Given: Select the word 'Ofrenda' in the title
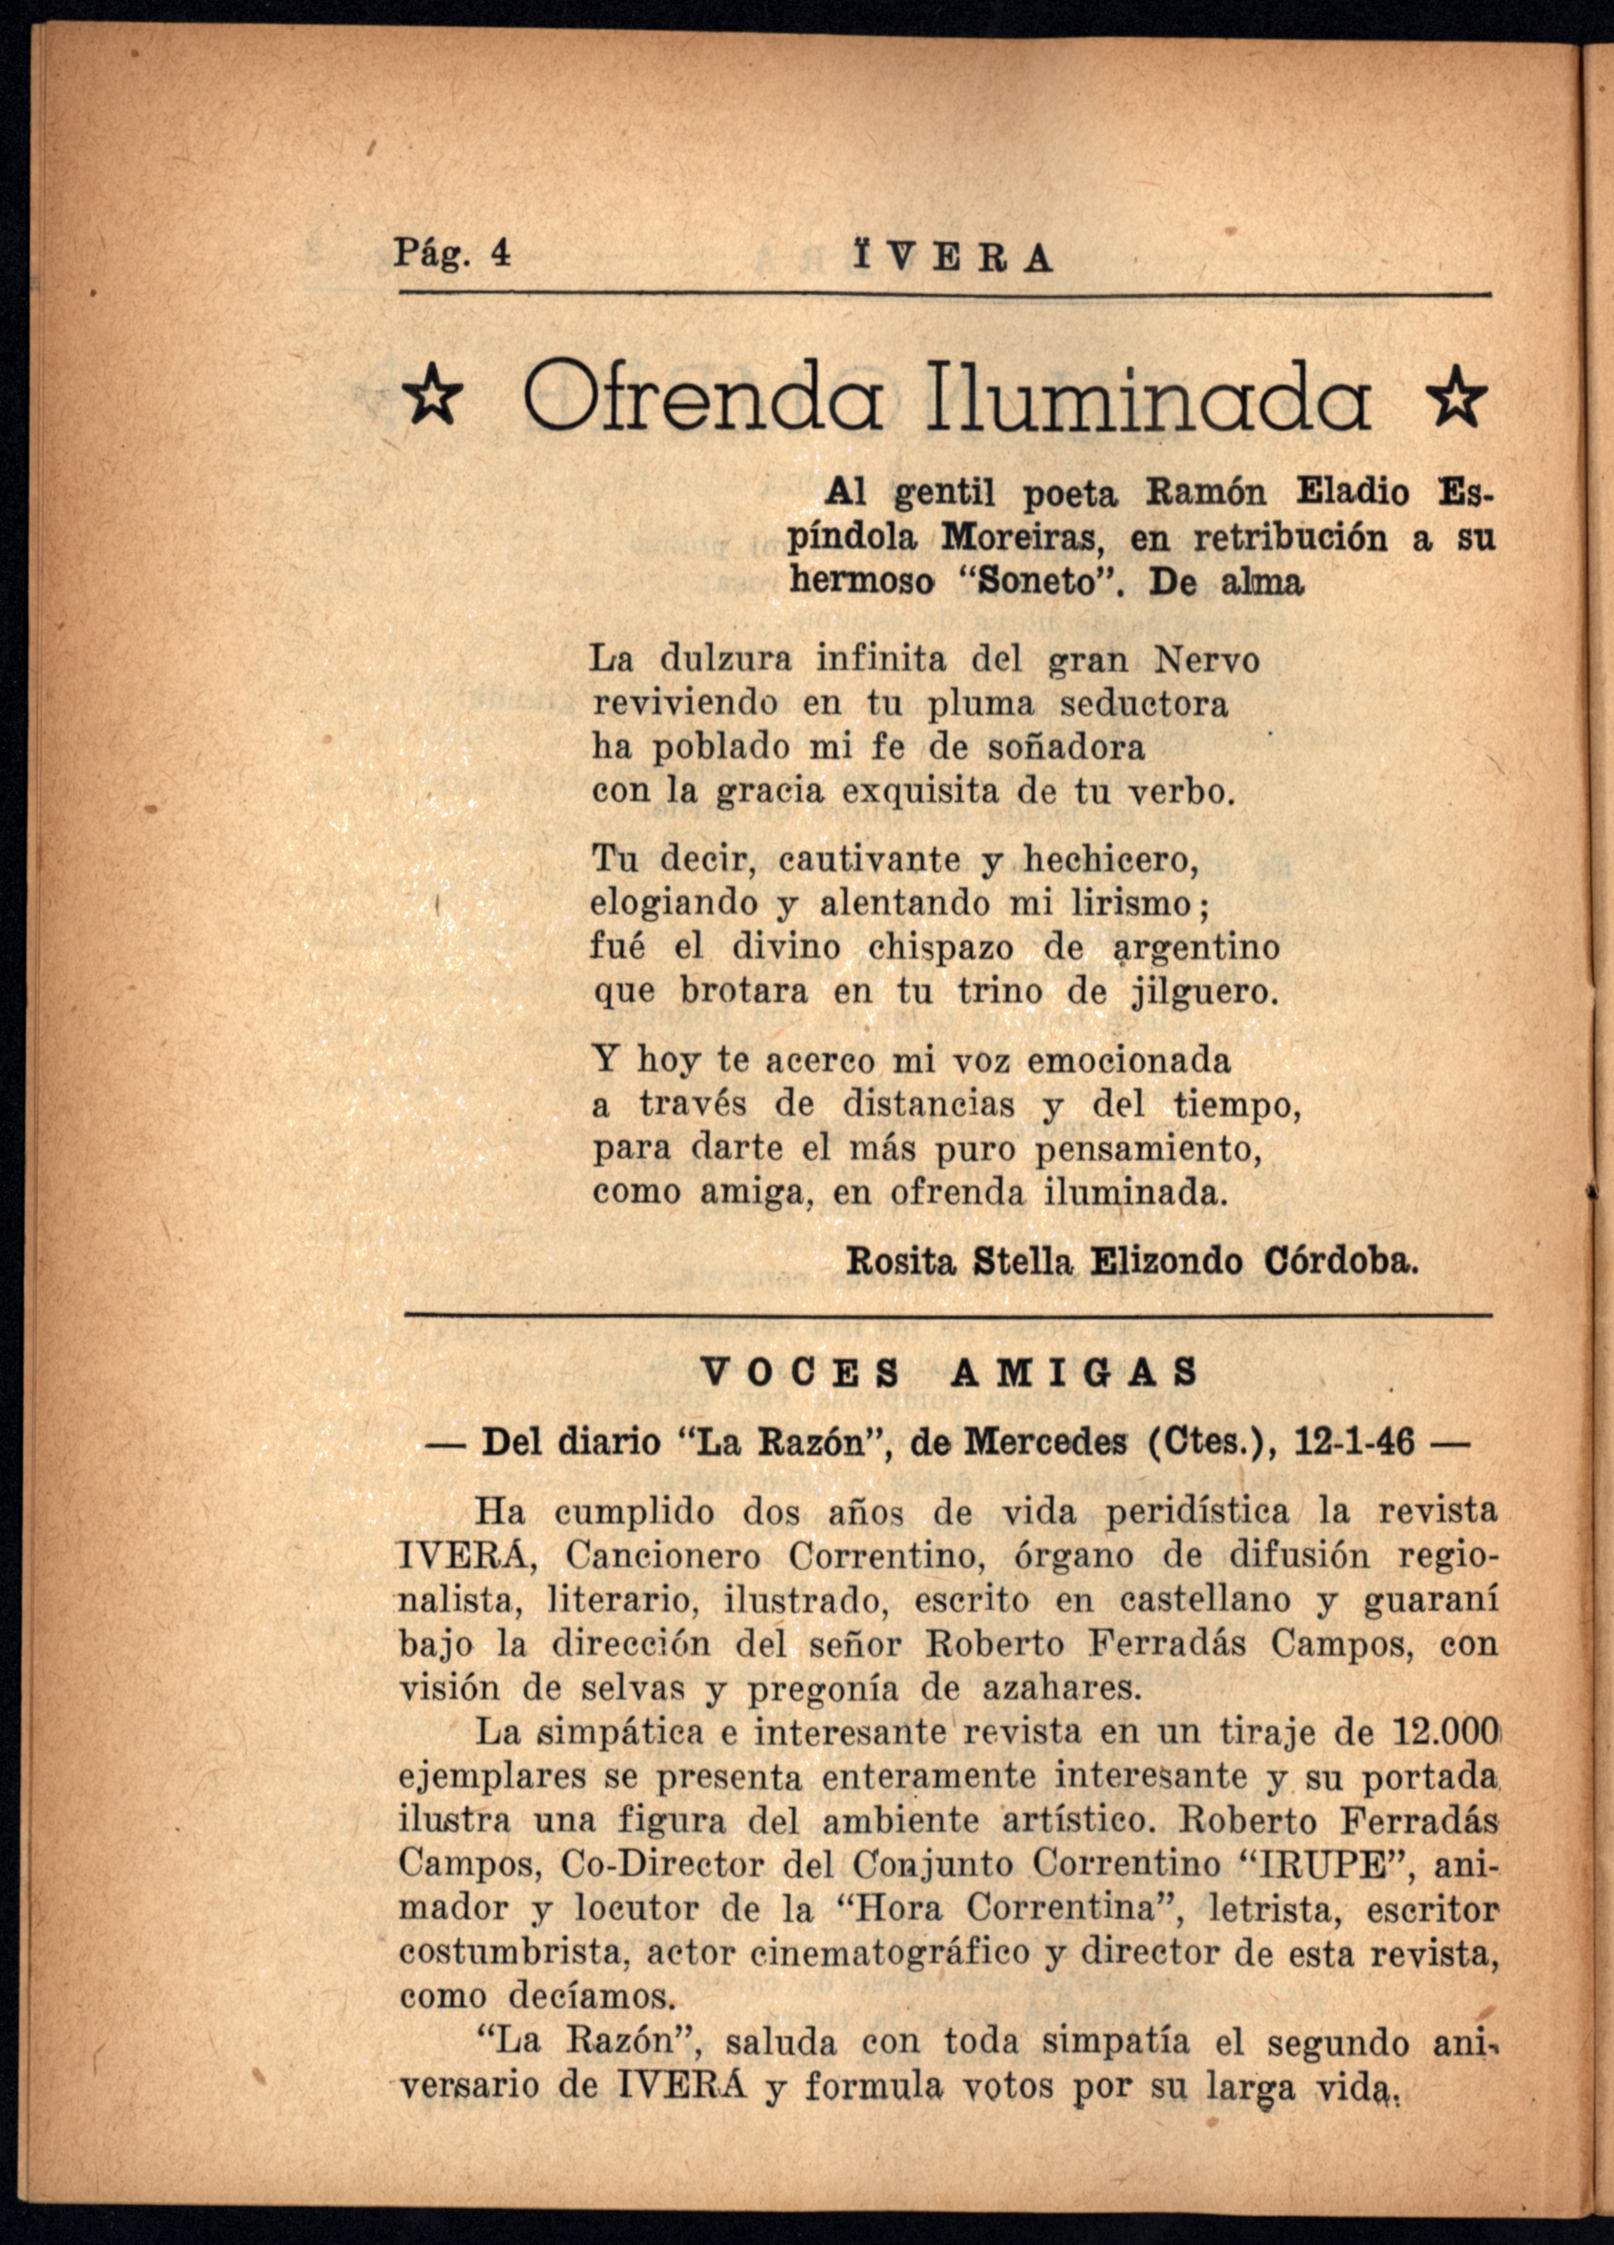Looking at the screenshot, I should [x=704, y=399].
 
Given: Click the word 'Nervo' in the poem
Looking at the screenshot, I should [x=1207, y=659].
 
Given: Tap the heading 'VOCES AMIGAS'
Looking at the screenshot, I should [x=949, y=1372].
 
